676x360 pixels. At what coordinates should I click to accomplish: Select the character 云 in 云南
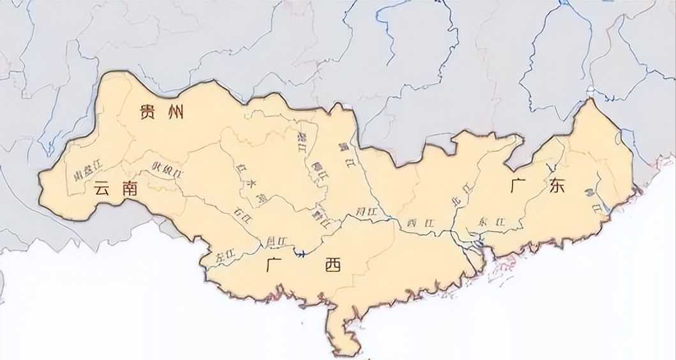[102, 188]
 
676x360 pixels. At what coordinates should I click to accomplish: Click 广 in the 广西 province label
[275, 264]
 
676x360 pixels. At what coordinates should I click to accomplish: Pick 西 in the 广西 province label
[333, 265]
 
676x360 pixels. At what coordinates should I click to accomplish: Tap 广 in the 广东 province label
[519, 186]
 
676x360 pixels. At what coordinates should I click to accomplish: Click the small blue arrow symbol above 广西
[300, 253]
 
